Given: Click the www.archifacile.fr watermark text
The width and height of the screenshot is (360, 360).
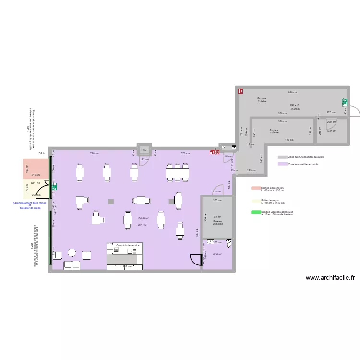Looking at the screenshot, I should (x=330, y=277).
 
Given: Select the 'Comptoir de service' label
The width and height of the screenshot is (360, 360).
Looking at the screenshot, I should (x=128, y=245).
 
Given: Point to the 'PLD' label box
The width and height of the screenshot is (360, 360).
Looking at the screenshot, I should (x=144, y=150).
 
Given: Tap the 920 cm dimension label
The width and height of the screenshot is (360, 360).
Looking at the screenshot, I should (x=292, y=92).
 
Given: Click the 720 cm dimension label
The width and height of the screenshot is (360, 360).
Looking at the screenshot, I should (x=95, y=153).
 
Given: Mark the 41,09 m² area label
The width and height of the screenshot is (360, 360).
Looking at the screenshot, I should (x=295, y=109).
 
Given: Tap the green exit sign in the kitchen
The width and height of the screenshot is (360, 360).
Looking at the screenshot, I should (x=344, y=102).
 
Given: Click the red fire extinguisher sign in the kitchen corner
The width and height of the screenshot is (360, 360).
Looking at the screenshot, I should (x=240, y=90).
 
